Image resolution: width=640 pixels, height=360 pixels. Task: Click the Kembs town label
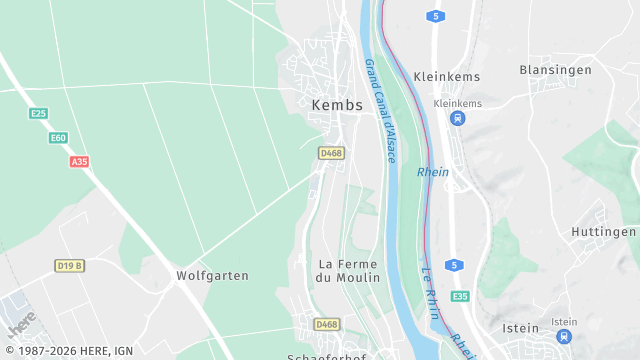338,104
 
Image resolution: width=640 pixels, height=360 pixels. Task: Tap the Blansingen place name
556,70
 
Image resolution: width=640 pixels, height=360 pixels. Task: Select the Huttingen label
604,231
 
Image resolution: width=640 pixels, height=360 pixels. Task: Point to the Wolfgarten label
212,275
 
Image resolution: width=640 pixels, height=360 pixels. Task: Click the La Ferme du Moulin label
348,270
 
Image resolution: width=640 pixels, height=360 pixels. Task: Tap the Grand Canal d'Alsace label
381,110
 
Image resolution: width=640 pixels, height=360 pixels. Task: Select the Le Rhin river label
431,292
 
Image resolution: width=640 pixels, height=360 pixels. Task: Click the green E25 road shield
38,114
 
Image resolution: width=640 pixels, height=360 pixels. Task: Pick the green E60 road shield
59,138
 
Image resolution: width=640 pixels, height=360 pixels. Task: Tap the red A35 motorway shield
79,161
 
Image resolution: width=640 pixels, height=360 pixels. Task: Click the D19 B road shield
69,265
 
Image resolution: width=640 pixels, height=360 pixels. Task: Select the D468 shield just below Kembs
331,153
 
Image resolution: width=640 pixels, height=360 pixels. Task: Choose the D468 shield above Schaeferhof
327,324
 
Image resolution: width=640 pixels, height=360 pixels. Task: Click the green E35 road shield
460,297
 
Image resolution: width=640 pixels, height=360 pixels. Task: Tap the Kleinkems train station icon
457,119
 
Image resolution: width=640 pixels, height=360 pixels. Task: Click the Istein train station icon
564,337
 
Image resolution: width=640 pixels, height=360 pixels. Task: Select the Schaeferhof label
327,355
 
